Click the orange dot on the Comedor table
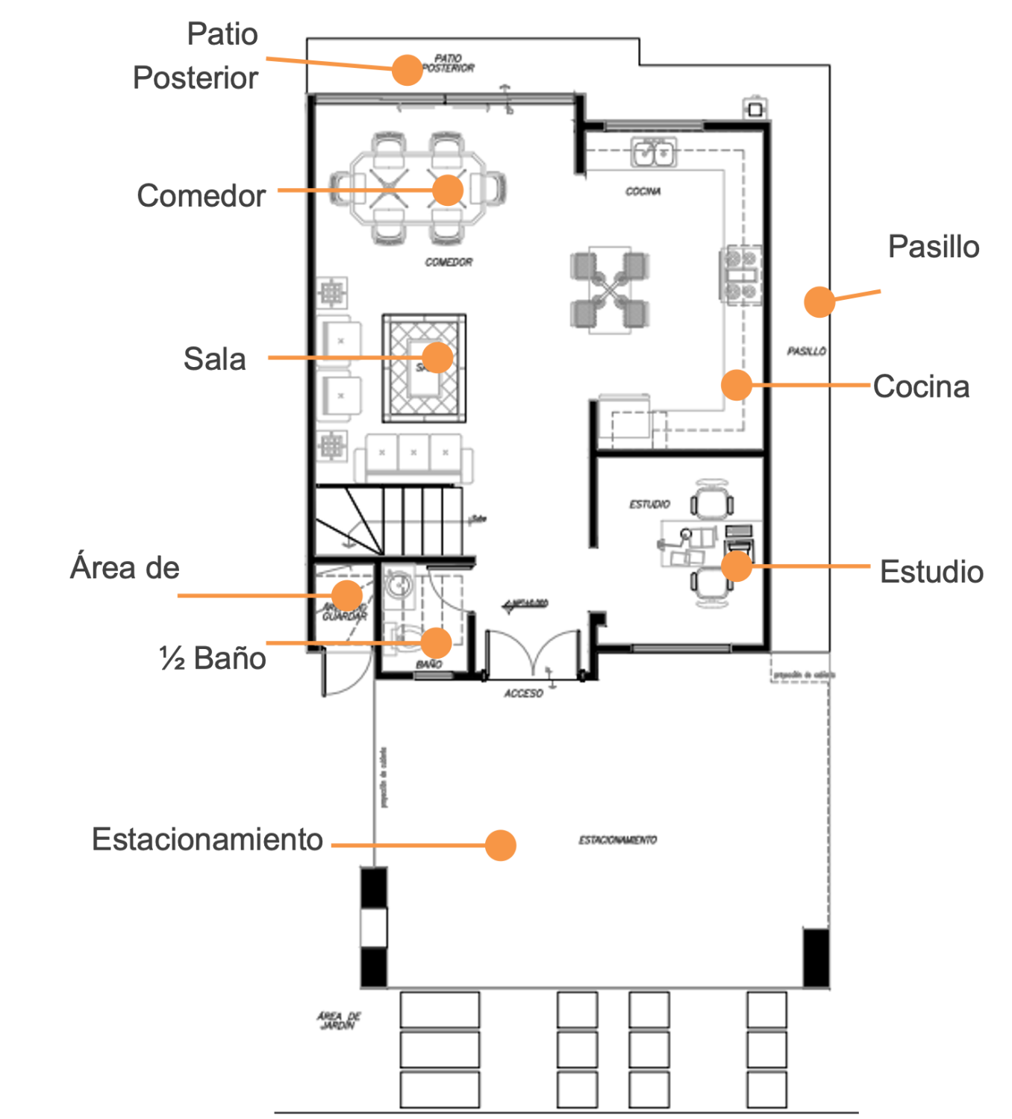coord(448,190)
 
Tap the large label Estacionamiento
coord(207,839)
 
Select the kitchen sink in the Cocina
coord(654,153)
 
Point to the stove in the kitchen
coord(740,275)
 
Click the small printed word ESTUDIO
coord(649,504)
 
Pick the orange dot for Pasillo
coord(819,302)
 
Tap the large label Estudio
coord(931,572)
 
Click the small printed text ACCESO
coord(523,694)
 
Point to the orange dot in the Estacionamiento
coord(500,845)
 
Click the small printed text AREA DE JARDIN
coord(338,1021)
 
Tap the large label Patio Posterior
coord(196,56)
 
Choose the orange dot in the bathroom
coord(436,642)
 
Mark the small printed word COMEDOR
coord(449,263)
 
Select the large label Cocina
coord(921,387)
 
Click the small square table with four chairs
coord(610,290)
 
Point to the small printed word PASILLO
coord(806,351)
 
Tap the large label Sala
coord(215,360)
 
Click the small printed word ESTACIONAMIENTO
coord(617,840)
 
